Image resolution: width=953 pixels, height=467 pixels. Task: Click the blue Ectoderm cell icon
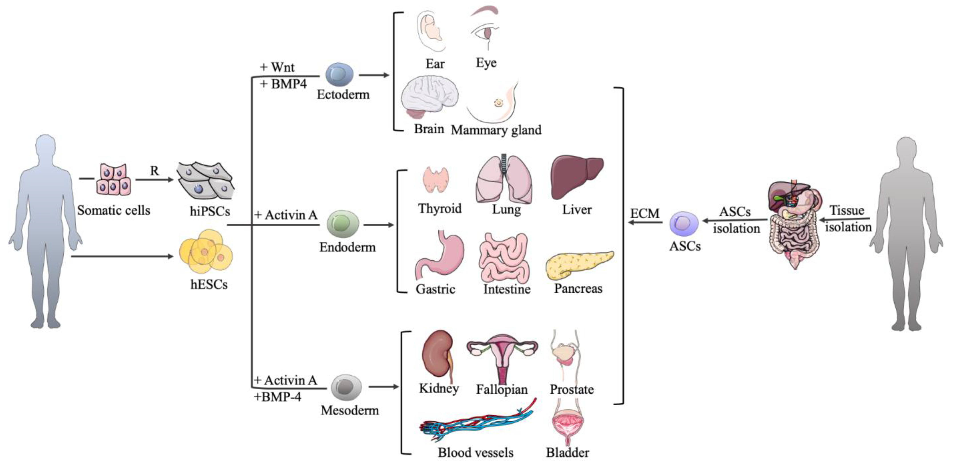coord(339,74)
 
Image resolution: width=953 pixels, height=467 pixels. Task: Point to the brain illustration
coord(429,98)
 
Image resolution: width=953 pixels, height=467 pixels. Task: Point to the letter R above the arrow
coord(154,171)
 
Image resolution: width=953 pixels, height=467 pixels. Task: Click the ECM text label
coord(645,214)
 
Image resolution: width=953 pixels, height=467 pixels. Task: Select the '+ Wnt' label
coord(278,67)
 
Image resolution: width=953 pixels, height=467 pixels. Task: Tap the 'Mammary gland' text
coord(496,130)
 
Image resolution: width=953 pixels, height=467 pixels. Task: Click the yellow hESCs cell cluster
coord(206,251)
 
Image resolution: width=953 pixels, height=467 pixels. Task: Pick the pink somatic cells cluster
coord(114,180)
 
